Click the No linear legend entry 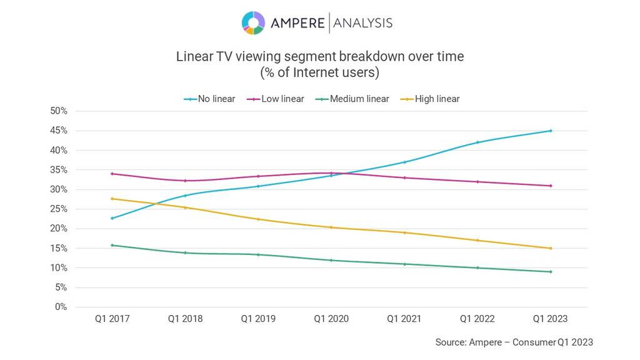point(209,99)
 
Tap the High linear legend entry point(430,99)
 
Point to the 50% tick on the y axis point(59,111)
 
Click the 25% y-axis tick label point(59,209)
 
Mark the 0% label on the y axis point(61,307)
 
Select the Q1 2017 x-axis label point(112,319)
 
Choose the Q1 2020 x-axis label point(331,319)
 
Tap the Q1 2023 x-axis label point(550,319)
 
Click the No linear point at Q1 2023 point(551,131)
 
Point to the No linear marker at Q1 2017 point(112,218)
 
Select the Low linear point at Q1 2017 point(112,174)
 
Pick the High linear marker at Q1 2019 point(258,219)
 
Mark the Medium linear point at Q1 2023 point(551,272)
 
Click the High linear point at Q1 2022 point(477,240)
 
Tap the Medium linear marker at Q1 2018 point(185,252)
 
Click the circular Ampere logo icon point(253,23)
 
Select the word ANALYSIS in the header point(362,23)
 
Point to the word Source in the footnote point(450,342)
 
